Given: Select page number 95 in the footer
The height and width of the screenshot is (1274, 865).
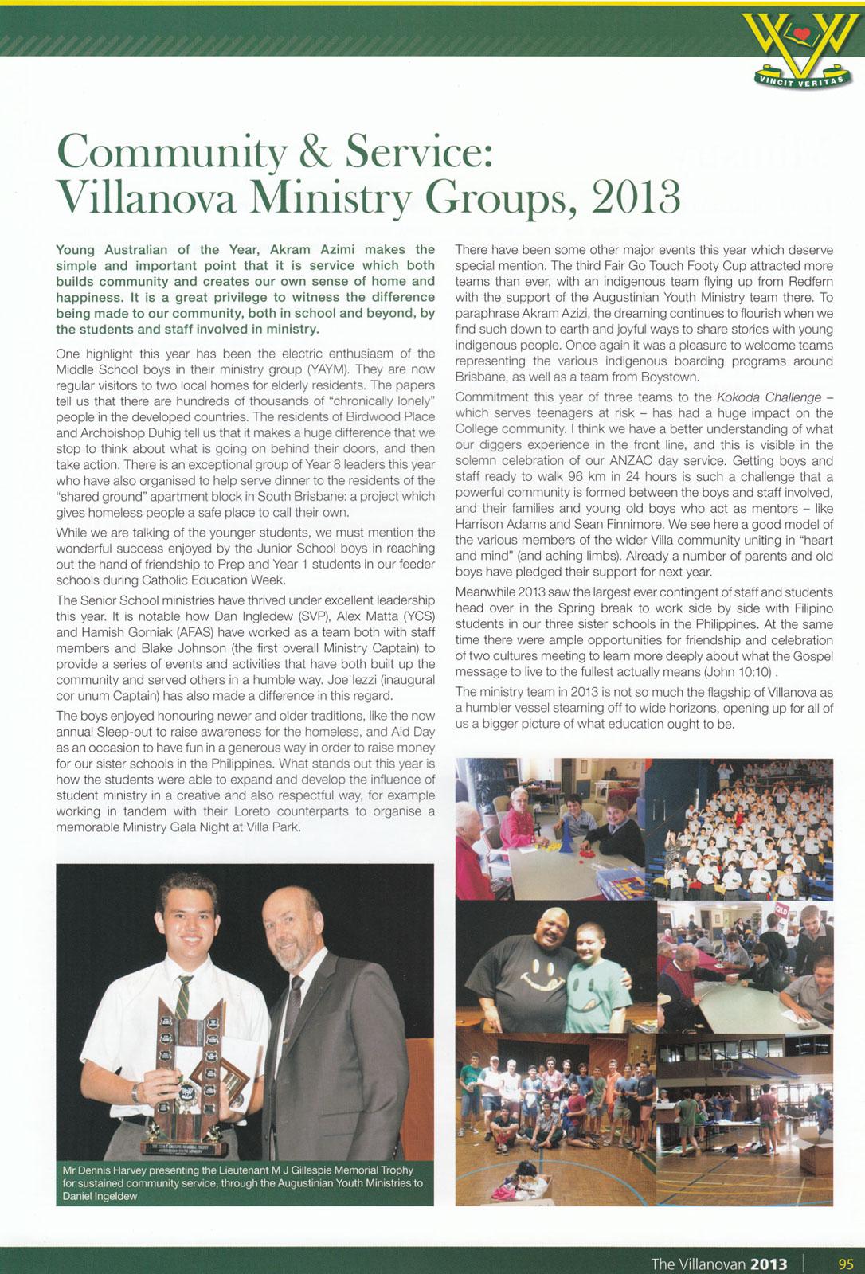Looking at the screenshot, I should tap(846, 1264).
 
